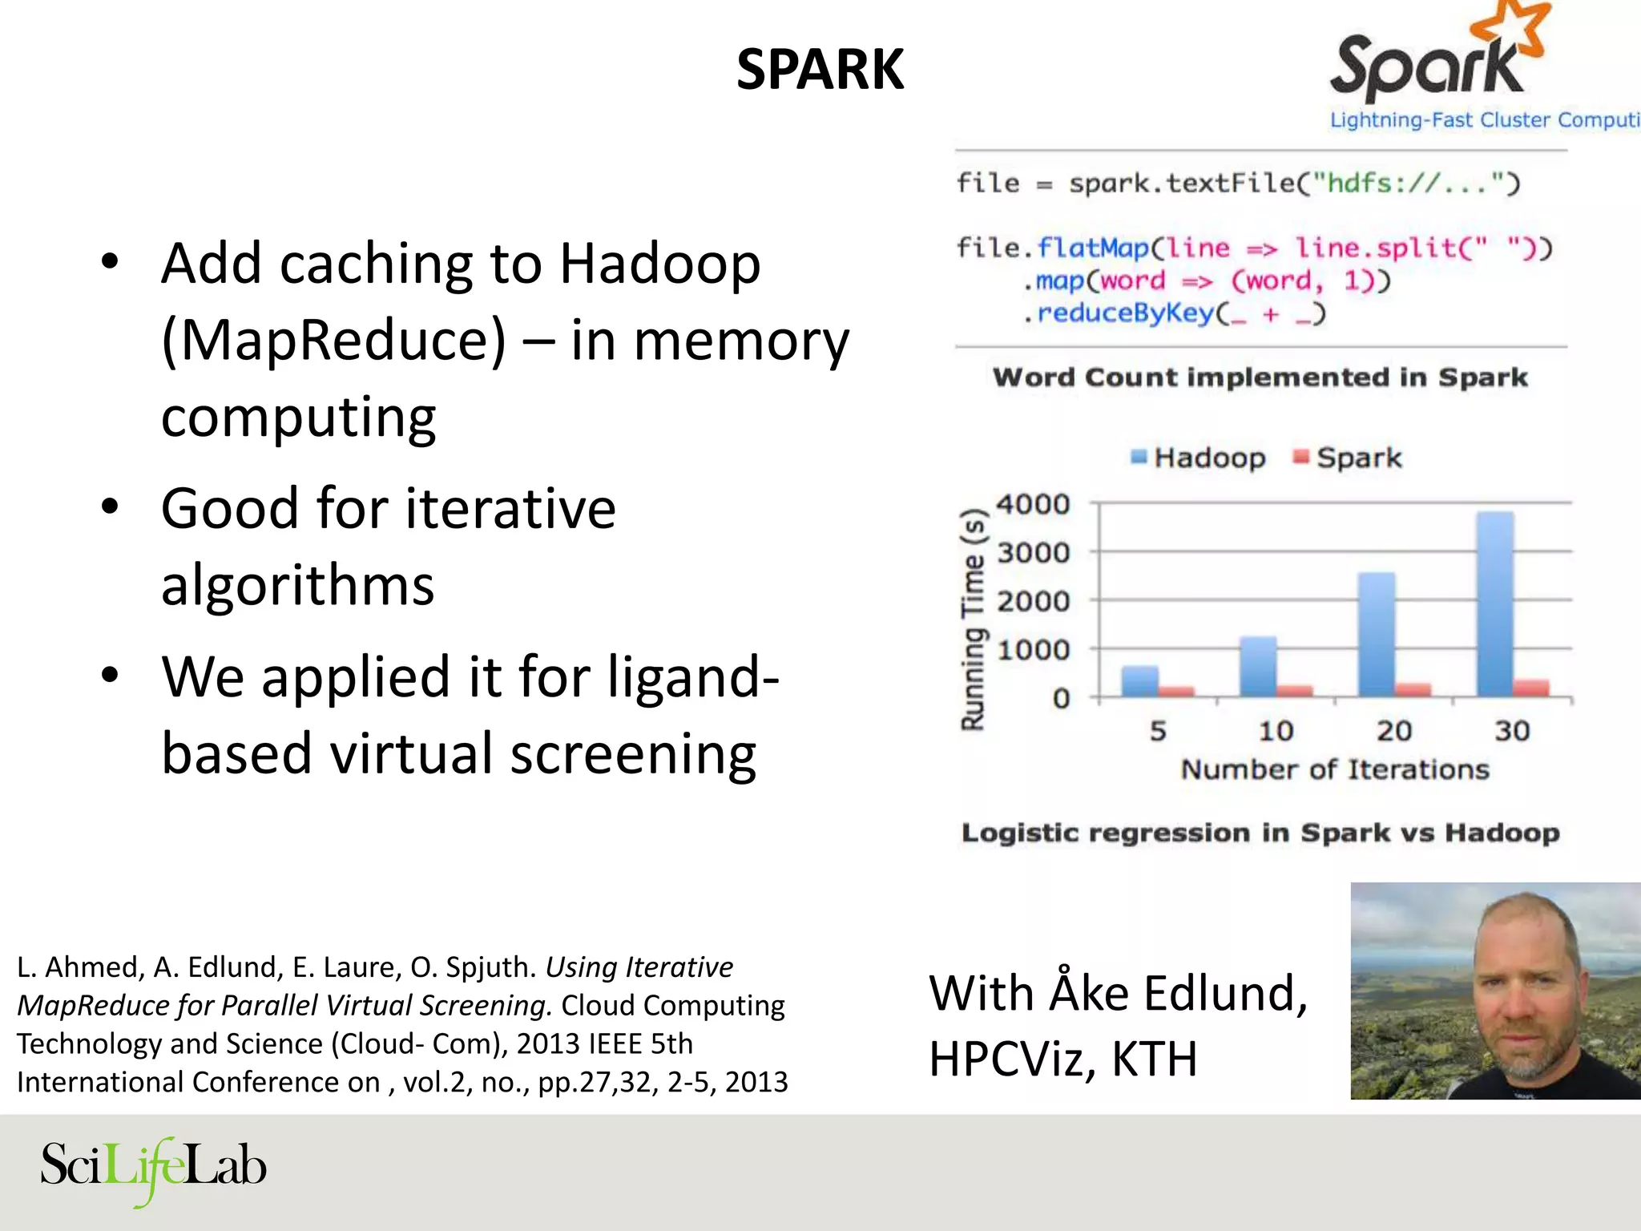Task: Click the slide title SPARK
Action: click(x=820, y=70)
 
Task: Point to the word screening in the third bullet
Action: click(x=633, y=753)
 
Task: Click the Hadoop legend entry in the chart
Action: click(x=1199, y=458)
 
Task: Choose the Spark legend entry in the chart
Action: click(x=1349, y=458)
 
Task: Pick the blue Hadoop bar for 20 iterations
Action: click(x=1376, y=634)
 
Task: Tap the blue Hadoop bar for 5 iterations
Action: click(x=1139, y=680)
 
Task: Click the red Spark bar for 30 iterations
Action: click(x=1531, y=688)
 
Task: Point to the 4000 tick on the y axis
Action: click(x=1033, y=504)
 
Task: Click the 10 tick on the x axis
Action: click(x=1276, y=730)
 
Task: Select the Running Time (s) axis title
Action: click(x=974, y=620)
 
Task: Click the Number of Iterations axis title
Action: click(x=1335, y=769)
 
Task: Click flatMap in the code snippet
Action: click(x=1093, y=248)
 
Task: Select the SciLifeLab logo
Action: click(x=153, y=1168)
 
